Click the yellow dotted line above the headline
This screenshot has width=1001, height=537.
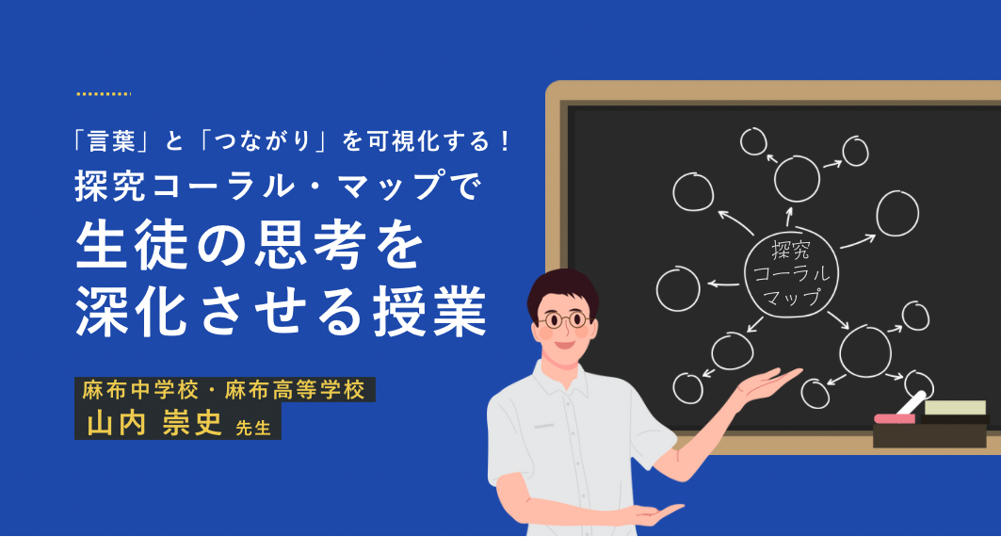pos(104,94)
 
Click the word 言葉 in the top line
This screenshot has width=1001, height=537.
pos(112,141)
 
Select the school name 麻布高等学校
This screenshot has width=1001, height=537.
pos(295,390)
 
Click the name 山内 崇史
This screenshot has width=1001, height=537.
pos(154,423)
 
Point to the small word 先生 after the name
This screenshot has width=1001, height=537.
pos(253,428)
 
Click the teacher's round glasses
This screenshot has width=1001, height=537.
pos(562,319)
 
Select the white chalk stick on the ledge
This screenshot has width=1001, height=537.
pos(912,402)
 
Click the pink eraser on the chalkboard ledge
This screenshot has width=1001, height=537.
pos(895,419)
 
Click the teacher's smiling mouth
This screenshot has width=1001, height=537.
pos(564,345)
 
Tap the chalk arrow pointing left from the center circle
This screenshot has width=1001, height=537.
pos(723,284)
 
